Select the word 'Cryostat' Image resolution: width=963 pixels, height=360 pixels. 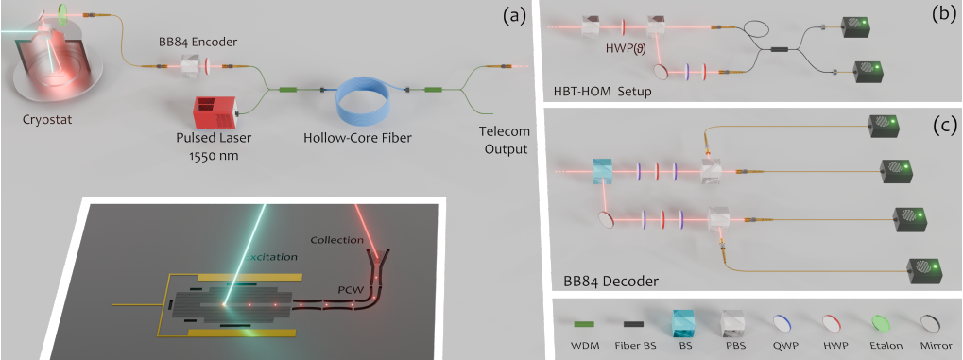click(x=49, y=122)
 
